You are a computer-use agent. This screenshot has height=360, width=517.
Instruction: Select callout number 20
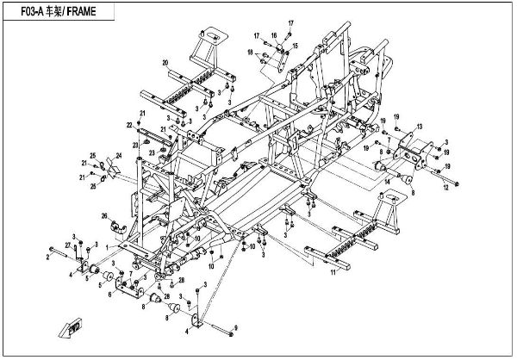(165, 62)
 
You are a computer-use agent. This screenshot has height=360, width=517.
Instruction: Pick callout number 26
(103, 215)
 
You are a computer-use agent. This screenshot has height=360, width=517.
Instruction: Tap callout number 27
(66, 246)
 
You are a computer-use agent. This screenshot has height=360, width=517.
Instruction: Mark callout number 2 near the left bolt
(47, 256)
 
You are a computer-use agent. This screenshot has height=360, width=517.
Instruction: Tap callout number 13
(420, 127)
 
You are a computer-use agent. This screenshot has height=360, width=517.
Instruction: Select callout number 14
(387, 183)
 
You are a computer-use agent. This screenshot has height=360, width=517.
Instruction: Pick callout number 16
(274, 35)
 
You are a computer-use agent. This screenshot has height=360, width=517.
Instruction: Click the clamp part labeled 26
(120, 226)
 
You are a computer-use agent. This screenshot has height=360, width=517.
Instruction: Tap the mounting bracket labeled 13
(405, 152)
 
